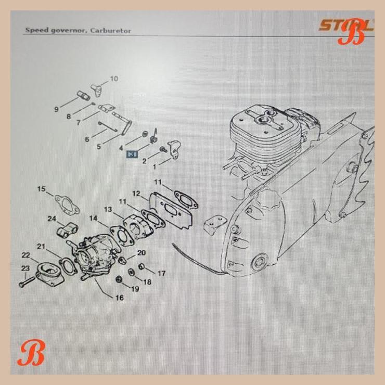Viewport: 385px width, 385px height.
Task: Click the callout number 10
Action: tap(113, 79)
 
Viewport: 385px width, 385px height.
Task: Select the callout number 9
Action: tap(56, 109)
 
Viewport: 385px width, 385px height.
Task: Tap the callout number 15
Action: tap(42, 189)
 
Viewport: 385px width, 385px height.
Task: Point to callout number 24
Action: tap(52, 219)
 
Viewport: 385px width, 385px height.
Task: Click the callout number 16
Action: tap(119, 298)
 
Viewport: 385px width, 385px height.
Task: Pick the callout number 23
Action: tap(25, 268)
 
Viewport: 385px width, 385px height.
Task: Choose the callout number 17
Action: tap(161, 273)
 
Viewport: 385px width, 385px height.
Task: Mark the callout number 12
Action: tap(136, 194)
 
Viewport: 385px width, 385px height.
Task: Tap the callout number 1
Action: tap(154, 168)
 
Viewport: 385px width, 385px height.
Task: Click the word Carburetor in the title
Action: tap(110, 31)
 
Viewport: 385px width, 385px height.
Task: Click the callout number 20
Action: tap(142, 253)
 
